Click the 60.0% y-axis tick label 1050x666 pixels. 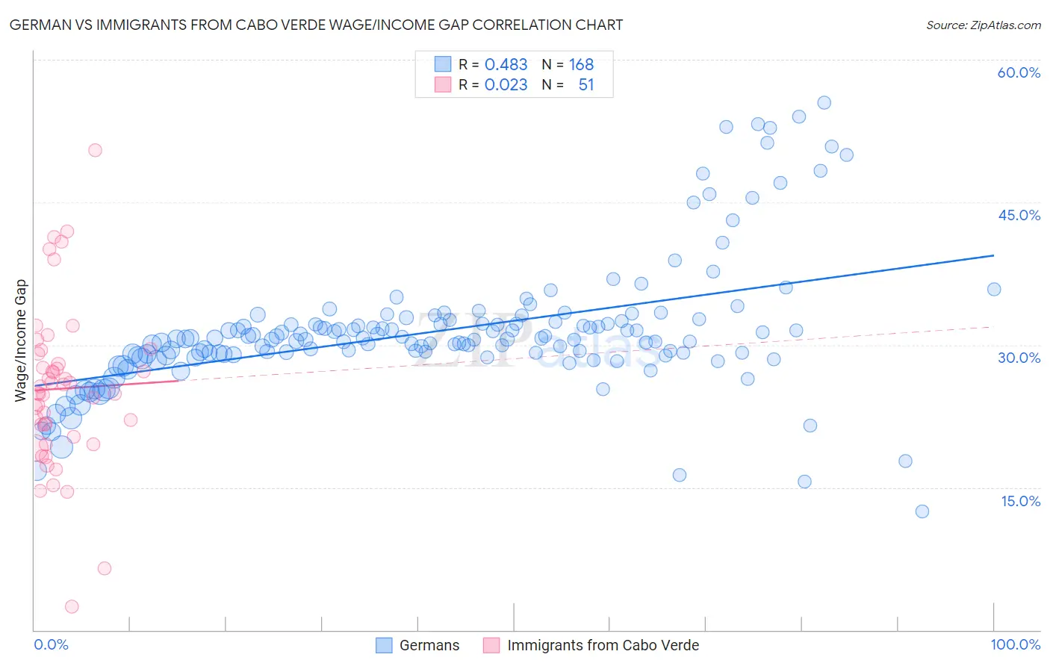coord(1019,72)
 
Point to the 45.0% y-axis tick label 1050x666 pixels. coord(1019,215)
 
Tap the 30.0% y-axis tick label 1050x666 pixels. coord(1019,358)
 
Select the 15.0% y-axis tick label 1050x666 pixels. coord(1020,501)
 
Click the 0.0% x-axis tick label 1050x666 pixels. coord(51,645)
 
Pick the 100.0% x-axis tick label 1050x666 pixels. coord(1015,645)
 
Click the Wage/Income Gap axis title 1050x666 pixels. coord(20,340)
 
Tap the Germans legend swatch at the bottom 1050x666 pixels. coord(384,645)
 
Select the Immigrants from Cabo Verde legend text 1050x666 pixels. coord(603,645)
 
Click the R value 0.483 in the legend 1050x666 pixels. coord(506,65)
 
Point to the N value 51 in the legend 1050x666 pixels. coord(586,85)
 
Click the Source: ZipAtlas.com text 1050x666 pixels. coord(983,25)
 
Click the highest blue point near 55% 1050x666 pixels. coord(824,103)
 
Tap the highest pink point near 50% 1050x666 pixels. coord(95,150)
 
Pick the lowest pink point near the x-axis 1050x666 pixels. coord(72,606)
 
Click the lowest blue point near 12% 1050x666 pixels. coord(922,511)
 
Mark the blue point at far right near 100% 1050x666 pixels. coord(993,290)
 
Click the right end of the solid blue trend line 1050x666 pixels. coord(993,255)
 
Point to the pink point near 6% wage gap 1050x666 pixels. coord(105,568)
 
